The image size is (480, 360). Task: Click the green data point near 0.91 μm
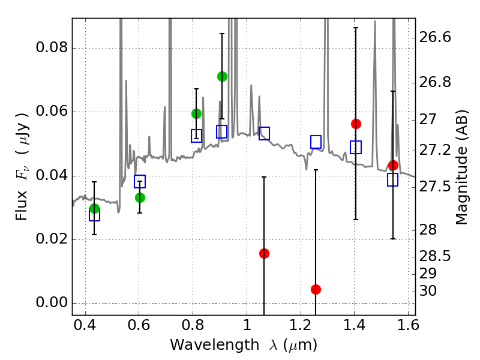[222, 76]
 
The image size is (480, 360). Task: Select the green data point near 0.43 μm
[94, 208]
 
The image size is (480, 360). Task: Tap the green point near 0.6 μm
[140, 197]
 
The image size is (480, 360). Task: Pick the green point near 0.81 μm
[196, 113]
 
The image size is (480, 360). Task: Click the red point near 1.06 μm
[264, 253]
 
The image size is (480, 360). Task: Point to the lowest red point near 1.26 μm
[316, 289]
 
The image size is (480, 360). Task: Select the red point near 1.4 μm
[356, 124]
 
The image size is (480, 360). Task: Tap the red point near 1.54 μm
[393, 165]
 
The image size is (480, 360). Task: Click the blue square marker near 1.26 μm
[316, 142]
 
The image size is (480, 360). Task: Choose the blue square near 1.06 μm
[264, 133]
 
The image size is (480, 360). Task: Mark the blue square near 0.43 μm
[94, 215]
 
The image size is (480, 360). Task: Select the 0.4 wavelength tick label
[85, 327]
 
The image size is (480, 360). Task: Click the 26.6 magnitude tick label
[435, 37]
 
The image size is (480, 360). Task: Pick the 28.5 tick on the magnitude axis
[435, 256]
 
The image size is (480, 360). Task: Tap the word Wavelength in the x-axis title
[203, 345]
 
